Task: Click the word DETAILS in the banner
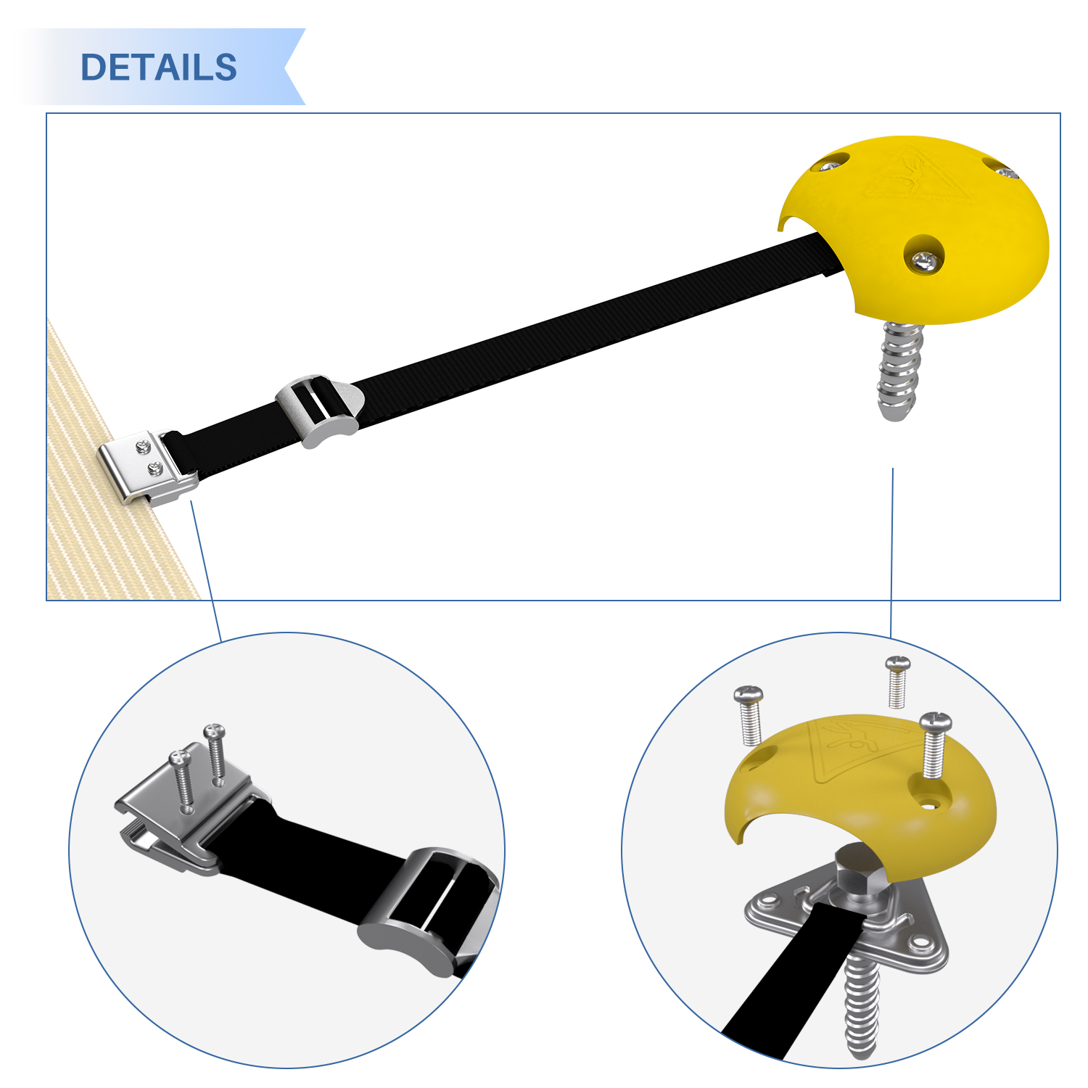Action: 159,67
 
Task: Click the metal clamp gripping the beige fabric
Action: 147,467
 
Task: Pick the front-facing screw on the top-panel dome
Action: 923,260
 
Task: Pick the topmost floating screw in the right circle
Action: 898,681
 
